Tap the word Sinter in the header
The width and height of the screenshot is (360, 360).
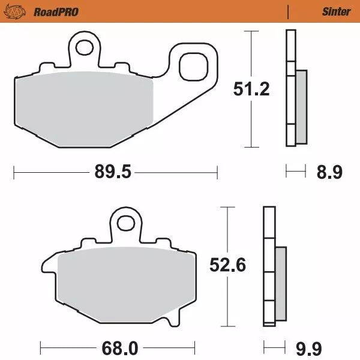[x=336, y=11]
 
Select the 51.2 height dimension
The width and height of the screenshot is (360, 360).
[x=251, y=89]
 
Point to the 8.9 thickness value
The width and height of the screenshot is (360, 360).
[x=329, y=173]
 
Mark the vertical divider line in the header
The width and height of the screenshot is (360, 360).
[x=288, y=11]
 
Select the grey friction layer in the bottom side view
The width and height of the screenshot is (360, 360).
[x=281, y=282]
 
